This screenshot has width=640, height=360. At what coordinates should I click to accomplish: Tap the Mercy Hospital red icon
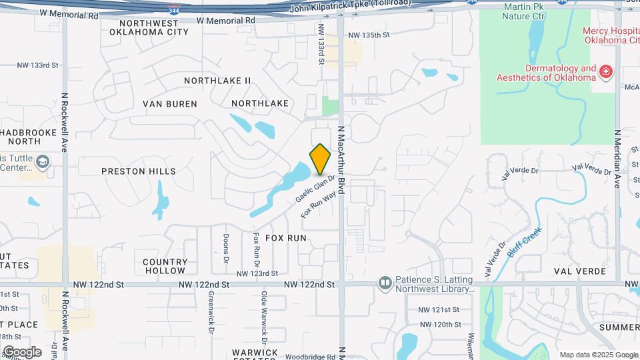pyautogui.click(x=606, y=71)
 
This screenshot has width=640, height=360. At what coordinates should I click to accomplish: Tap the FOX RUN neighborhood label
pyautogui.click(x=286, y=237)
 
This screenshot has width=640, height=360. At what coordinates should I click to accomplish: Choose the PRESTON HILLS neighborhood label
pyautogui.click(x=139, y=171)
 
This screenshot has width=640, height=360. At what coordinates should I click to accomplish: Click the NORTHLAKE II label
pyautogui.click(x=217, y=81)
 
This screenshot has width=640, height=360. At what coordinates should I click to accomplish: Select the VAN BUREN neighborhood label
pyautogui.click(x=170, y=104)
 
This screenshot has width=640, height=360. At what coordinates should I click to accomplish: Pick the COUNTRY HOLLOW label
pyautogui.click(x=165, y=267)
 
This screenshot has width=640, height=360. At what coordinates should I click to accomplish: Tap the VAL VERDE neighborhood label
pyautogui.click(x=580, y=271)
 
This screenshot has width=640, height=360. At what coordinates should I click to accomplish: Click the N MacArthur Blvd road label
pyautogui.click(x=341, y=160)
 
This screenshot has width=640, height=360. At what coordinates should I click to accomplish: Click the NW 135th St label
pyautogui.click(x=368, y=35)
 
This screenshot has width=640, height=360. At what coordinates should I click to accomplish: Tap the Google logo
pyautogui.click(x=22, y=351)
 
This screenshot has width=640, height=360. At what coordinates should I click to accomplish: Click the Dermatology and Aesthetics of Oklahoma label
pyautogui.click(x=545, y=73)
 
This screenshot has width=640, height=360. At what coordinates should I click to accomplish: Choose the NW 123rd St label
pyautogui.click(x=257, y=273)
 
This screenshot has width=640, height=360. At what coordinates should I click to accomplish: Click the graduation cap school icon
pyautogui.click(x=43, y=162)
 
